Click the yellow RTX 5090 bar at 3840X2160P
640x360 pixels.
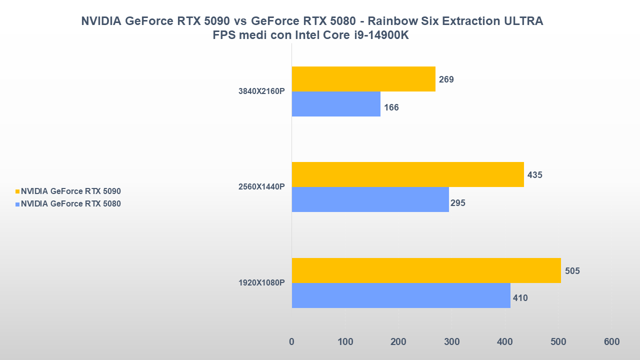tap(363, 79)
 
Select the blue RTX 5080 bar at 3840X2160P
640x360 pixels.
tap(336, 104)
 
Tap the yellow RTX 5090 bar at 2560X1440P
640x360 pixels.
tap(407, 174)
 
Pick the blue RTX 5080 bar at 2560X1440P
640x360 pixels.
tap(370, 199)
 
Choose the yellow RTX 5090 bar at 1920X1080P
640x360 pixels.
tap(426, 270)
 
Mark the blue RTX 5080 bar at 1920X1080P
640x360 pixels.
tap(401, 295)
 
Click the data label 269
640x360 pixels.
tap(446, 79)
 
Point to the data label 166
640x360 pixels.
tap(391, 107)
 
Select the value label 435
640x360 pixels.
tap(534, 175)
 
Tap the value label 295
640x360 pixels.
tap(457, 203)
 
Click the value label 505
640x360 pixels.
tap(572, 271)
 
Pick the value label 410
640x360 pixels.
tap(520, 298)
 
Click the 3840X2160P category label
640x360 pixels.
tap(261, 91)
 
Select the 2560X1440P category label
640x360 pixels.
tap(261, 187)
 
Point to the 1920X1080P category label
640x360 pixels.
tap(261, 283)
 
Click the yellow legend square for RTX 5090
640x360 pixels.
tap(17, 191)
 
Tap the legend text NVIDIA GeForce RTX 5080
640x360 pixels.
tap(71, 204)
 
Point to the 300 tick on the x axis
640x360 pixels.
tap(451, 342)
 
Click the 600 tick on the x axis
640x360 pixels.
tap(611, 342)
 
